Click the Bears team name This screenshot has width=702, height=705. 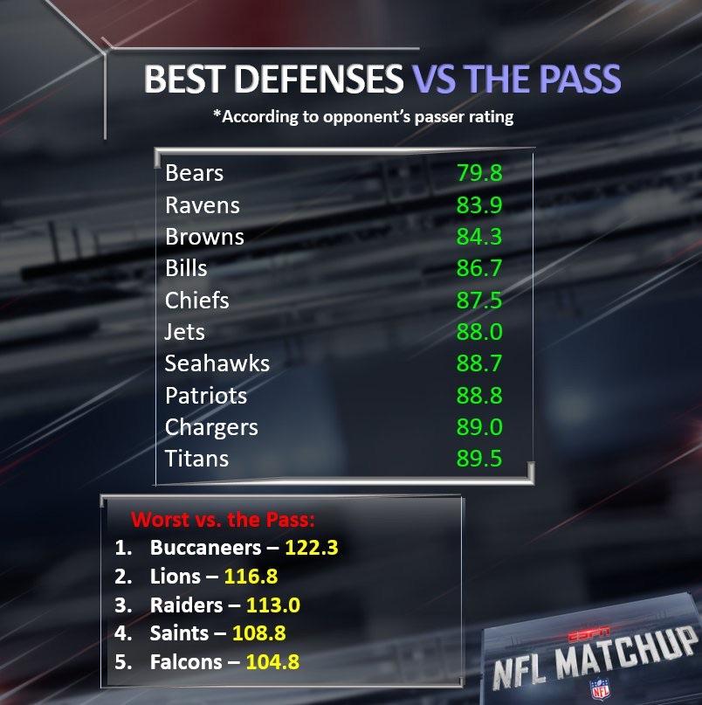[194, 173]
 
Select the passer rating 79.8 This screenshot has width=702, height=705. [479, 173]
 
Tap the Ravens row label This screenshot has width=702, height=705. [202, 205]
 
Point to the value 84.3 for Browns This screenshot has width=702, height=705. [479, 237]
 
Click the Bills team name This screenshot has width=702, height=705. [187, 268]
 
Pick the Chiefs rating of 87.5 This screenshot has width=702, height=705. [479, 300]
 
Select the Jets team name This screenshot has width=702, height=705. [185, 332]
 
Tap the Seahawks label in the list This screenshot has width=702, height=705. [217, 363]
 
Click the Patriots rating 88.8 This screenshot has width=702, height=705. [479, 395]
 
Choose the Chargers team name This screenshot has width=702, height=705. [211, 427]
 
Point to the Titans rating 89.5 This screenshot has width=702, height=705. [479, 459]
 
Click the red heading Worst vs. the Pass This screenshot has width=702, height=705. [223, 520]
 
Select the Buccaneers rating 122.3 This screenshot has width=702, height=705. [305, 548]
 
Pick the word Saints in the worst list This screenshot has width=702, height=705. [179, 633]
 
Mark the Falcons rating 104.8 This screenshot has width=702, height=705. [272, 661]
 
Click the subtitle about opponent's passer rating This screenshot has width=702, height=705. [363, 116]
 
